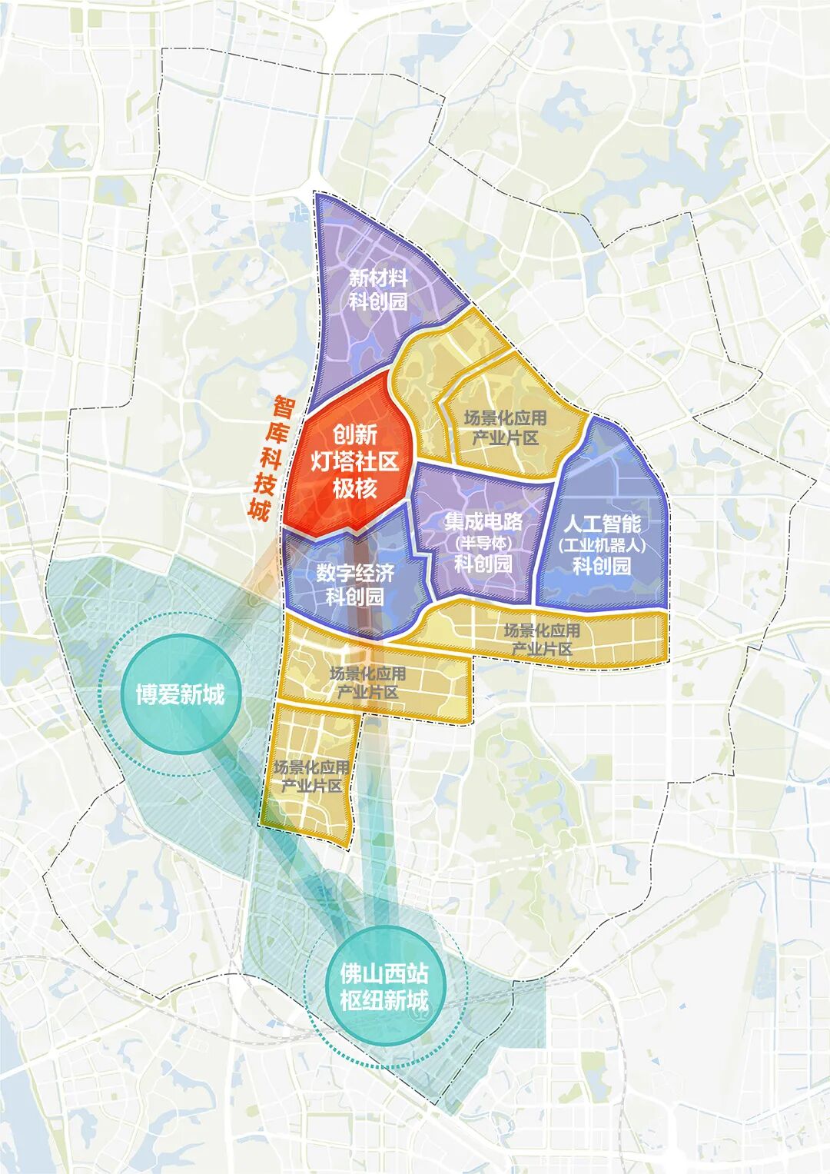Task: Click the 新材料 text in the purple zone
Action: [x=378, y=278]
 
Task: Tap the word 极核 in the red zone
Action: [x=354, y=488]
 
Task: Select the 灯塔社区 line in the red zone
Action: [x=354, y=461]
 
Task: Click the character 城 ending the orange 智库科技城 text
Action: [x=260, y=508]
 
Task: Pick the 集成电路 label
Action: [x=483, y=522]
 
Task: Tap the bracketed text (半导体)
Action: [x=483, y=543]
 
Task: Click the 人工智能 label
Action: [x=603, y=524]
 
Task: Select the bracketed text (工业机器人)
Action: [x=603, y=545]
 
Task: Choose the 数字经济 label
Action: [x=355, y=573]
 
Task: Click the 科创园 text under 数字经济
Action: [x=355, y=596]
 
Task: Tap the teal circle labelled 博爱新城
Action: [x=180, y=694]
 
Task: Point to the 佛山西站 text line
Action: [x=384, y=974]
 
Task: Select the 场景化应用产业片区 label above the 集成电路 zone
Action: [x=505, y=427]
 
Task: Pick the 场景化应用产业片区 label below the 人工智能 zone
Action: [x=542, y=640]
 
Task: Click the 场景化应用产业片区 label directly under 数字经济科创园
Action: [x=367, y=683]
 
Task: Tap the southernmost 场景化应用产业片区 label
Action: [x=311, y=777]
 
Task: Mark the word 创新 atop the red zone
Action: [x=354, y=434]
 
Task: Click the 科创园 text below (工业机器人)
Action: [x=603, y=567]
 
